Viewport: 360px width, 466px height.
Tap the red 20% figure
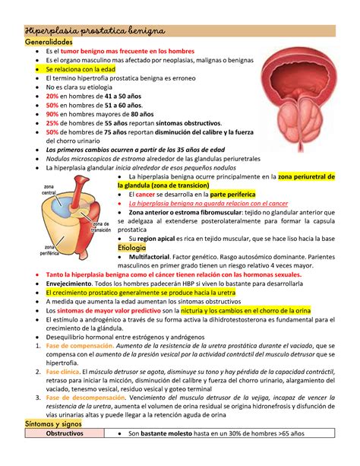click(x=52, y=97)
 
